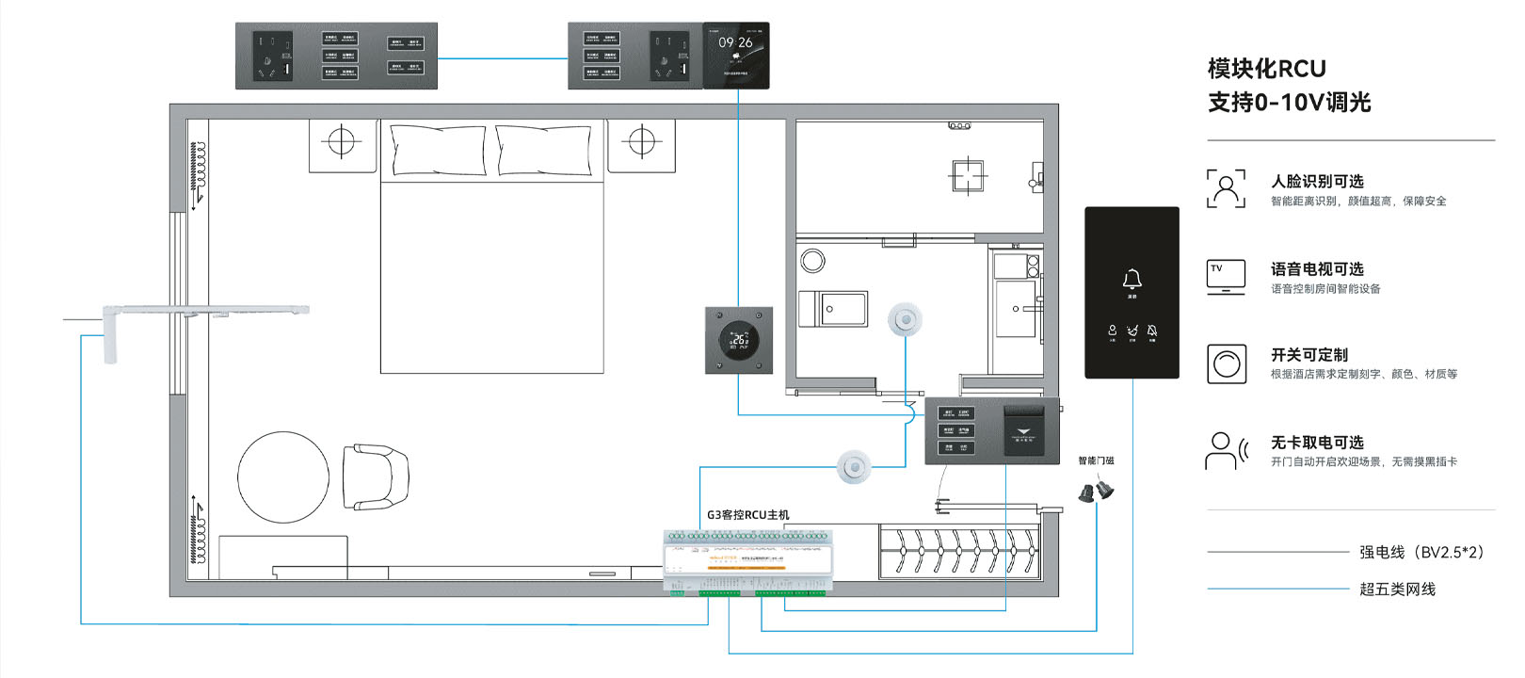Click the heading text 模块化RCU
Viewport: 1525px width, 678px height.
click(x=1266, y=69)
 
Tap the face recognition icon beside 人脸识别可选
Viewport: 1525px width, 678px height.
click(x=1226, y=188)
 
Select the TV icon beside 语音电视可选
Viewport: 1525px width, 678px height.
click(x=1226, y=277)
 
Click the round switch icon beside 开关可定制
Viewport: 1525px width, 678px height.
click(x=1226, y=363)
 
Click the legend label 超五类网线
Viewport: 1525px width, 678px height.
click(x=1397, y=589)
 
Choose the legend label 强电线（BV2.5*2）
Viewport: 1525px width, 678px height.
click(x=1421, y=552)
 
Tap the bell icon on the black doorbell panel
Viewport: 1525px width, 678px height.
click(x=1132, y=280)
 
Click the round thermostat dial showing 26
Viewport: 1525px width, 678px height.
click(x=739, y=340)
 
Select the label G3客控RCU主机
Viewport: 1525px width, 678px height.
click(x=748, y=515)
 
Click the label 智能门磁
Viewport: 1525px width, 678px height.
click(x=1096, y=460)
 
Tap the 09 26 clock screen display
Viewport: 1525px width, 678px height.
click(x=735, y=56)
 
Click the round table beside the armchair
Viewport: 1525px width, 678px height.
click(x=283, y=476)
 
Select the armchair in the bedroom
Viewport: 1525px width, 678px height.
click(x=375, y=476)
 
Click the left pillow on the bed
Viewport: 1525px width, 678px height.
click(x=438, y=151)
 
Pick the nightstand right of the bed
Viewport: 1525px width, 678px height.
click(x=641, y=145)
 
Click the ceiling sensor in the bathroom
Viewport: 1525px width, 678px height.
click(x=906, y=320)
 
